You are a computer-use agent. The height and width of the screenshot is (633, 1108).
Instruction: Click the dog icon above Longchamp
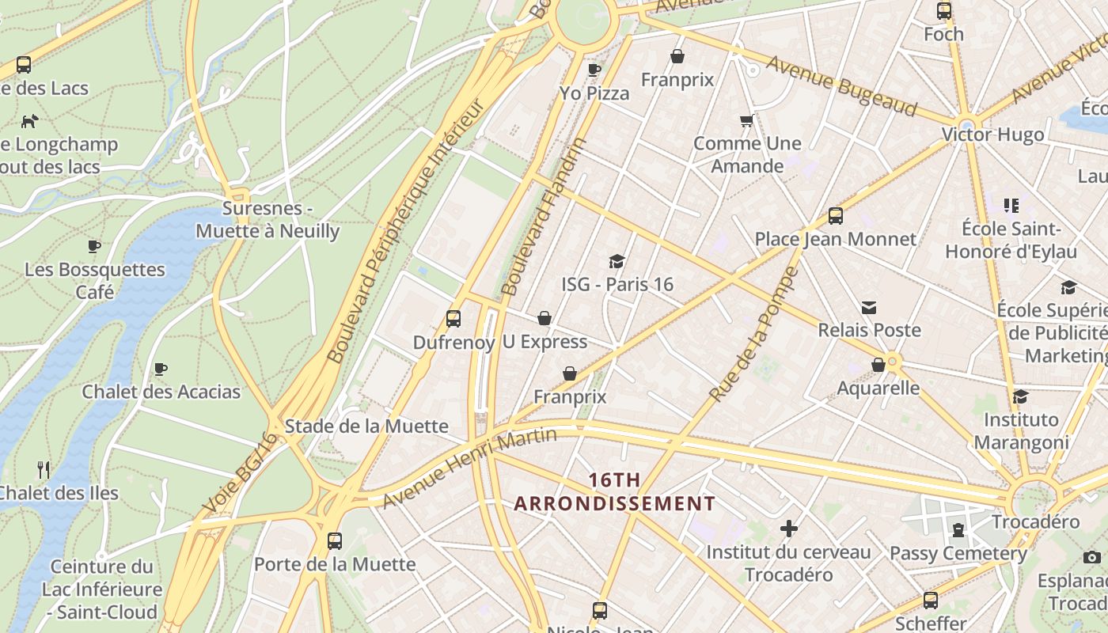pos(30,121)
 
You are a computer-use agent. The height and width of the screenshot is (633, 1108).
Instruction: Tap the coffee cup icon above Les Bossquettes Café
pos(94,246)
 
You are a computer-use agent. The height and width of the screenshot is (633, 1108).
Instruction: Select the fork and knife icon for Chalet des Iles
pos(44,470)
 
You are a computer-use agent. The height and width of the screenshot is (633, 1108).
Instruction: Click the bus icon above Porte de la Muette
pos(335,541)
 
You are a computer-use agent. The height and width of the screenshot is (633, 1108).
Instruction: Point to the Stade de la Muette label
pos(366,426)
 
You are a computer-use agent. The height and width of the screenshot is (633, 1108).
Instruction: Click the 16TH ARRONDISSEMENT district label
pos(615,491)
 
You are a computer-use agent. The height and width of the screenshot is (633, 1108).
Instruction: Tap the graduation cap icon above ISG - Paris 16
pos(617,261)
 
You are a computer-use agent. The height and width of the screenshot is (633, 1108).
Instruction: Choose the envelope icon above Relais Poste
pos(869,307)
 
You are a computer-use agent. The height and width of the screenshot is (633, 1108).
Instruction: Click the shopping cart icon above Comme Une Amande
pos(746,121)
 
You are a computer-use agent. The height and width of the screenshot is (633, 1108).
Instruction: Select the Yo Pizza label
pos(594,93)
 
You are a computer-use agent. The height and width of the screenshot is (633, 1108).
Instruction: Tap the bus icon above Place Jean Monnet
pos(835,216)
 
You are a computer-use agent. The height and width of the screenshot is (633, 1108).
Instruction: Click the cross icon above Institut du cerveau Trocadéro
pos(788,529)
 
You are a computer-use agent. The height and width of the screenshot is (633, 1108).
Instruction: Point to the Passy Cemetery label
pos(958,553)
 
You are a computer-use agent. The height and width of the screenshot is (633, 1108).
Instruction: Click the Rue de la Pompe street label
pos(753,334)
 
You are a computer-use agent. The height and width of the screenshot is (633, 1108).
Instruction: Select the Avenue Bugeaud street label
pos(840,87)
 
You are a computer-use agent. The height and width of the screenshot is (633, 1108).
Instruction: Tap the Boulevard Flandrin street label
pos(544,216)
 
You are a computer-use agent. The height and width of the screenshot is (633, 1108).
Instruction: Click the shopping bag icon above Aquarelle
pos(878,365)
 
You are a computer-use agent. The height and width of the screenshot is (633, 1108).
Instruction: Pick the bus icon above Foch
pos(943,11)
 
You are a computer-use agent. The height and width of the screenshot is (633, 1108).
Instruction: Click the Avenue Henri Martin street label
pos(470,468)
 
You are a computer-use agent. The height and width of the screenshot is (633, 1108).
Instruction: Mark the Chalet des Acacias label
pos(161,392)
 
